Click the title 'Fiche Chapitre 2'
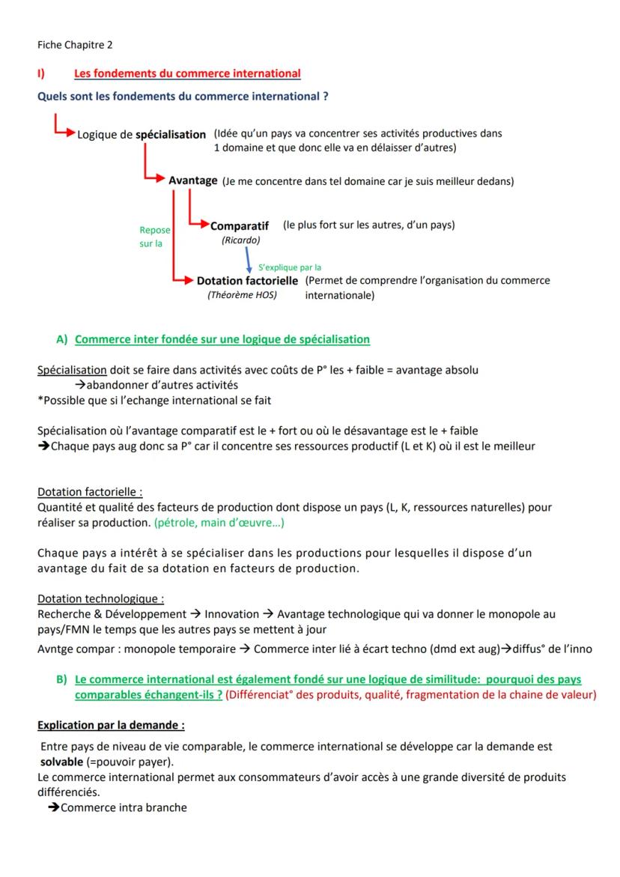click(x=75, y=45)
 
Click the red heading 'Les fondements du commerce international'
click(x=187, y=73)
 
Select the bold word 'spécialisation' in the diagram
click(x=171, y=135)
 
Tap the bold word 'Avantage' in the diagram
click(x=193, y=180)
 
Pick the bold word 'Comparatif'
click(x=240, y=226)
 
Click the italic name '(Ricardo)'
click(x=240, y=240)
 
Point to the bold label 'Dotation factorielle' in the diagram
click(x=247, y=281)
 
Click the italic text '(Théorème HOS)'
click(x=242, y=295)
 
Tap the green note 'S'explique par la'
click(x=290, y=267)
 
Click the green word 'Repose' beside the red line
click(x=155, y=231)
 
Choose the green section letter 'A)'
click(x=62, y=339)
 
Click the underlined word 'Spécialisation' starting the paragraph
click(x=72, y=370)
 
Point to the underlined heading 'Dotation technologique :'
click(x=101, y=599)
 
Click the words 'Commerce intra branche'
click(x=124, y=807)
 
